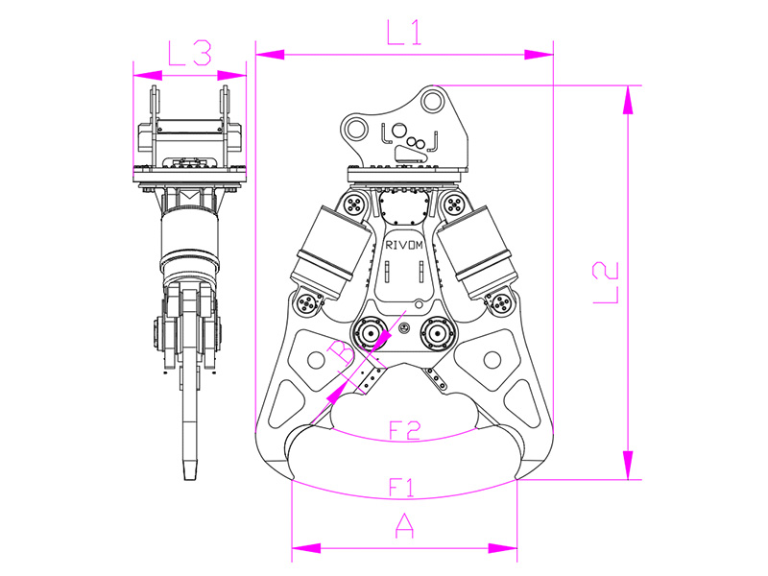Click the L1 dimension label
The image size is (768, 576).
click(403, 33)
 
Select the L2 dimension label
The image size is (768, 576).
click(606, 283)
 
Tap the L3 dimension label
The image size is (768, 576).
click(190, 54)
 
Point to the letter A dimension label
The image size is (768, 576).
click(404, 526)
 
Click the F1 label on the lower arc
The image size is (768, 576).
click(401, 488)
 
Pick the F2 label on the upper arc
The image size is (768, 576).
click(404, 430)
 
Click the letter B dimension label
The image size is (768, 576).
click(341, 352)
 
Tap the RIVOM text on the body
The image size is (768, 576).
click(404, 246)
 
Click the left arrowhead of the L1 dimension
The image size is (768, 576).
click(270, 55)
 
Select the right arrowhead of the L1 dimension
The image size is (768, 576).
click(539, 55)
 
